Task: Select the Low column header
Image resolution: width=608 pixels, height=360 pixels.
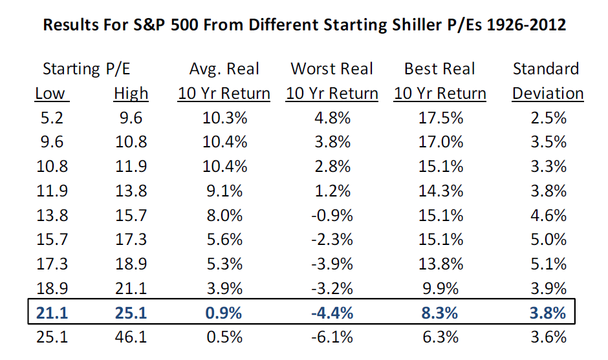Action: coord(50,94)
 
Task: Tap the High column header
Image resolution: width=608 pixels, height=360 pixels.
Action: coord(131,94)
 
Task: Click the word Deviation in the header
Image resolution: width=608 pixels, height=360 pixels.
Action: coord(548,94)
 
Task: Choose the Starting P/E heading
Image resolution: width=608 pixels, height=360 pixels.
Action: coord(87,69)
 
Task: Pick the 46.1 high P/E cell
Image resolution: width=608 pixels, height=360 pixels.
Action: coord(131,337)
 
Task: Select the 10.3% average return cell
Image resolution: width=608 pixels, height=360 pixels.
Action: coord(224,118)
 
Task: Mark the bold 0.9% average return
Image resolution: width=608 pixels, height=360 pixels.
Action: coord(224,313)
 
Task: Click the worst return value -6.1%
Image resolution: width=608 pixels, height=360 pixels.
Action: coord(332,337)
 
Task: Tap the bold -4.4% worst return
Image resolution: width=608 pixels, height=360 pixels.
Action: coord(332,313)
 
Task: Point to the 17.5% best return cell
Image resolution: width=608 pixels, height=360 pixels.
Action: coord(440,118)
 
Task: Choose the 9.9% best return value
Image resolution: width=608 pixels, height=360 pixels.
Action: coord(440,288)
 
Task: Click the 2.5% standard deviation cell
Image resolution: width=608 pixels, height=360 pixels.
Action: coord(548,118)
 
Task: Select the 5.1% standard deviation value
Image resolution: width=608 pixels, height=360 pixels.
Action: coord(548,264)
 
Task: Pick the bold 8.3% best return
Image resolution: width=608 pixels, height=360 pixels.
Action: coord(440,313)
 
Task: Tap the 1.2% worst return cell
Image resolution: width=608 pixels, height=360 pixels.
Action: coord(332,191)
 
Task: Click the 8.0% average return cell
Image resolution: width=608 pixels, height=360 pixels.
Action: coord(224,215)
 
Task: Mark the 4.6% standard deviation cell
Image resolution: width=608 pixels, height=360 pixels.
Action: coord(548,215)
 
